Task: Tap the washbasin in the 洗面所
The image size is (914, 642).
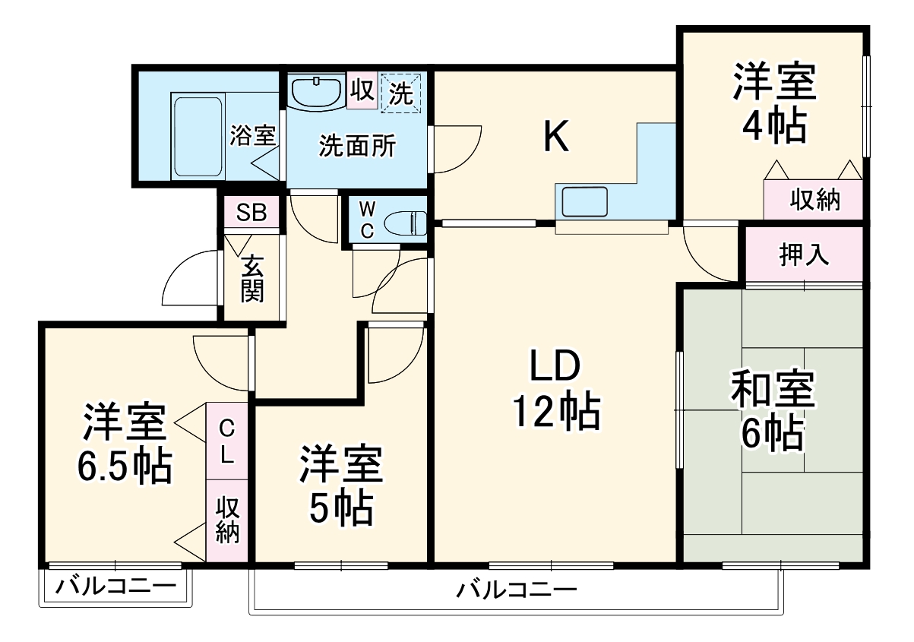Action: coord(316,92)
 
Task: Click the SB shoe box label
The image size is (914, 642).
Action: coord(251,213)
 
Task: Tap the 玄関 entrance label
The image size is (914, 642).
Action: coord(252,279)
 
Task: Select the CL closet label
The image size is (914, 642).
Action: coord(227,442)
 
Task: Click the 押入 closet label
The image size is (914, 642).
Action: coord(803,255)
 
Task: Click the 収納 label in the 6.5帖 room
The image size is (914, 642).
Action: coord(227,520)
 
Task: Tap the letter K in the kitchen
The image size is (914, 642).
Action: coord(556,138)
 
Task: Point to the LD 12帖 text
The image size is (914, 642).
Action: coord(555,389)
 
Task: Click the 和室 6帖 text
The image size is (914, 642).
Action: coord(773,410)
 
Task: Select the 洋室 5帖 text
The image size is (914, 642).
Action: coord(340,486)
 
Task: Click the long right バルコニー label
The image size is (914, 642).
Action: coord(517,588)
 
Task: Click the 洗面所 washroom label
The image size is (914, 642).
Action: coord(356,146)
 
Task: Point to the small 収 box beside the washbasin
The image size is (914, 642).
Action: coord(362,91)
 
